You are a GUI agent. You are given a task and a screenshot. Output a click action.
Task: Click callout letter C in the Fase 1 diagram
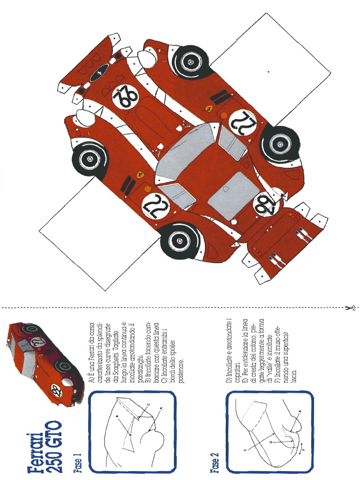149,404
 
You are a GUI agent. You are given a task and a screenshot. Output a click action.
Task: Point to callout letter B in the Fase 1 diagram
117,415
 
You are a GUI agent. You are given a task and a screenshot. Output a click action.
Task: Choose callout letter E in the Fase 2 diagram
244,450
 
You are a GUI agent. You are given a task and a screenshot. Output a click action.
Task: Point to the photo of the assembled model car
45,361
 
